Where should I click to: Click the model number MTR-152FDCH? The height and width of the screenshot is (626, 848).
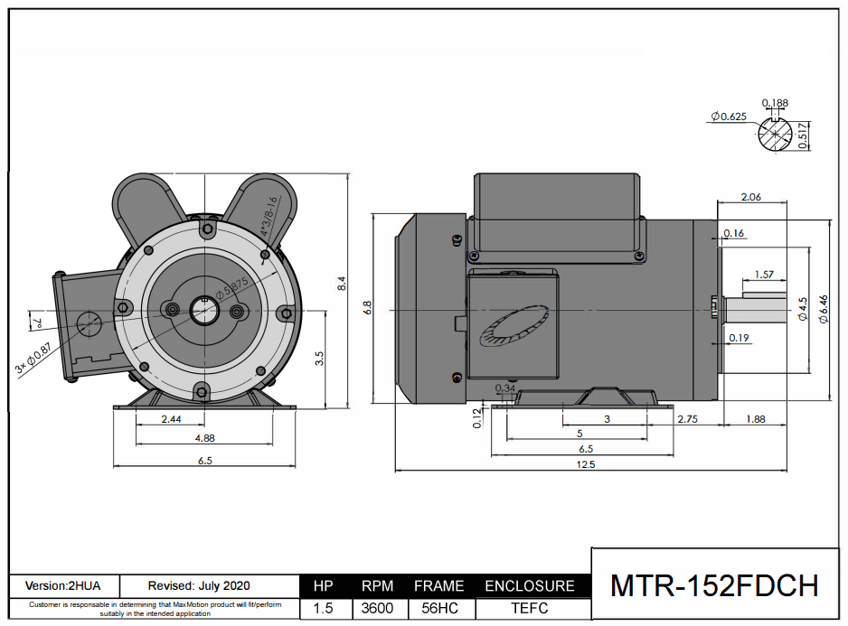point(714,584)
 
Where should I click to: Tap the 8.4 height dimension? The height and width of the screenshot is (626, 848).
point(341,284)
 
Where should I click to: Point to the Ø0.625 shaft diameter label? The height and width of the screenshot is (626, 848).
point(728,117)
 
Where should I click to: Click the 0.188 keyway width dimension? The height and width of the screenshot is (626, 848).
point(775,103)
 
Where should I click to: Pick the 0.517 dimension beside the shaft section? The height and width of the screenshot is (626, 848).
point(805,136)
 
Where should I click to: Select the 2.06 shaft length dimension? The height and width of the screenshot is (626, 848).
point(750,197)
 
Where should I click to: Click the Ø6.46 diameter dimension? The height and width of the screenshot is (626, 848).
point(823,308)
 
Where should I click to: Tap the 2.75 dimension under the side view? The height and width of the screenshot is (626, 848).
point(687,419)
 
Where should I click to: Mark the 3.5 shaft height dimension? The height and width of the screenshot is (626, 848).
point(318,359)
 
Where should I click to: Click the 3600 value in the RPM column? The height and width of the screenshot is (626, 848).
point(377,608)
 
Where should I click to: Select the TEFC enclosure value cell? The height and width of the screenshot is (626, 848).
point(530,608)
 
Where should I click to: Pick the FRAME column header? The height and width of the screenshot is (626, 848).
point(438,586)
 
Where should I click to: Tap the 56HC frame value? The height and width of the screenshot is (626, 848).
point(438,608)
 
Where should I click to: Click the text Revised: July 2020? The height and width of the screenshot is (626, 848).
point(199,586)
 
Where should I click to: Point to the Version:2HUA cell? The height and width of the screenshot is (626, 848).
point(64,586)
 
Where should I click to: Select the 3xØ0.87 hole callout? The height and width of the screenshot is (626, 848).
point(33,359)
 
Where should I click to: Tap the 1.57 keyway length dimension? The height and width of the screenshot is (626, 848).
point(763,275)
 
